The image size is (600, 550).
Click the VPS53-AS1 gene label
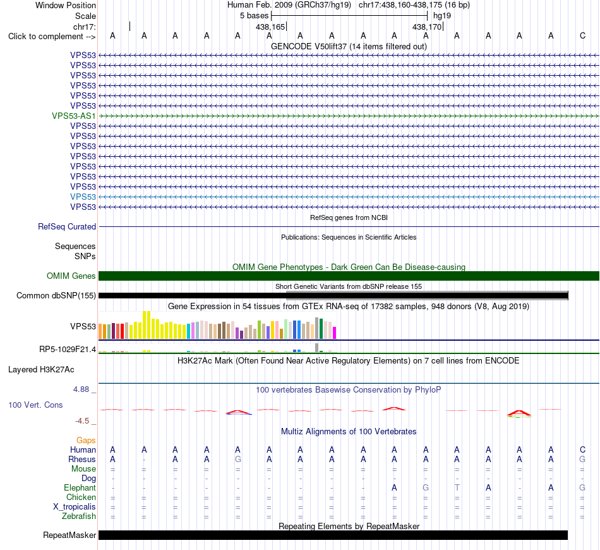(x=74, y=116)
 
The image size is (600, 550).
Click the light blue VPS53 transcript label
(x=83, y=197)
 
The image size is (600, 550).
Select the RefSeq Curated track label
(x=67, y=226)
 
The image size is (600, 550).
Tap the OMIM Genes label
(x=71, y=276)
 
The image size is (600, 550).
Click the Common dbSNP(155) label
(x=56, y=295)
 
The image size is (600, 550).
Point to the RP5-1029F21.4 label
(x=68, y=349)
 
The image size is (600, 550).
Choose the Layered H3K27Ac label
(x=41, y=370)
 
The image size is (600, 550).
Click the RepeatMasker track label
(x=69, y=535)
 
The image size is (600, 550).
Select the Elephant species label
(x=80, y=487)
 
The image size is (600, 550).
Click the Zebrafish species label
(x=79, y=516)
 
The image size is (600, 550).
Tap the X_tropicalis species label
(x=75, y=507)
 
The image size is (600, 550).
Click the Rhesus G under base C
(x=582, y=459)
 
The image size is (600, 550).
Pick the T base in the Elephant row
(x=457, y=487)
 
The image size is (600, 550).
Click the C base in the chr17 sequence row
(x=582, y=35)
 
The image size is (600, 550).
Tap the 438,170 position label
(x=427, y=27)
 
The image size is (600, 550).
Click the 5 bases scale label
(x=254, y=16)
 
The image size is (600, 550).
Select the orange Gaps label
(x=86, y=440)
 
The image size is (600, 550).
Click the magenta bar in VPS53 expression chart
(x=335, y=333)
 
